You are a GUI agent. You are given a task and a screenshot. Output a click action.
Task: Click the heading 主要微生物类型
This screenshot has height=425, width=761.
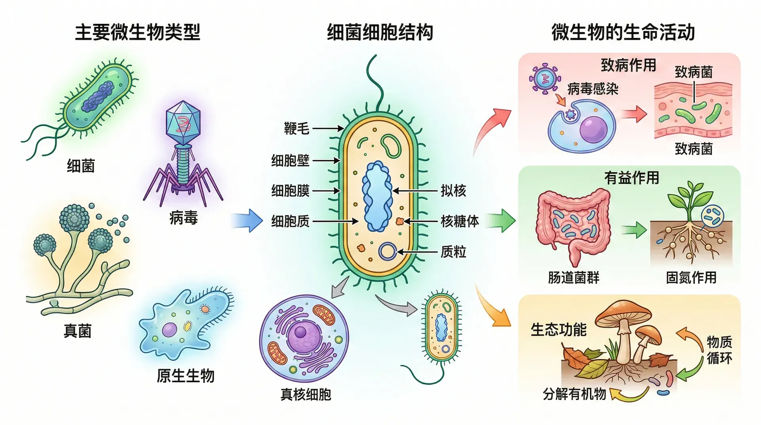pyautogui.click(x=138, y=32)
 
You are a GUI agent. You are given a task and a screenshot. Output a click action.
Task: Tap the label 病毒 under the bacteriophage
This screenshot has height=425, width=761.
pyautogui.click(x=183, y=218)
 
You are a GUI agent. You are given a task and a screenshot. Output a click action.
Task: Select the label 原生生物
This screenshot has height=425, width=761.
pyautogui.click(x=185, y=375)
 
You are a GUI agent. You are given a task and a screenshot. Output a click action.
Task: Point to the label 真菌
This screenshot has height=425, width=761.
pyautogui.click(x=78, y=331)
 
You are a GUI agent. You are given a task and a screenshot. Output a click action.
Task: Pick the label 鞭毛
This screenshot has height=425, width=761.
pyautogui.click(x=296, y=128)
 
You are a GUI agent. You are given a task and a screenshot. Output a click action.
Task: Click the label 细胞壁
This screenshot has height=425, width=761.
pyautogui.click(x=290, y=161)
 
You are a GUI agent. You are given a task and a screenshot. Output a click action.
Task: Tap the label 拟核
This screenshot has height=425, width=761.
pyautogui.click(x=453, y=191)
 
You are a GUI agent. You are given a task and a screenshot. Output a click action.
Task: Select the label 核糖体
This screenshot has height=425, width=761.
pyautogui.click(x=460, y=221)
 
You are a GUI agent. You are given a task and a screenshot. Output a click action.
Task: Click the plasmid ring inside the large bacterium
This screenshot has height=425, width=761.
pyautogui.click(x=387, y=251)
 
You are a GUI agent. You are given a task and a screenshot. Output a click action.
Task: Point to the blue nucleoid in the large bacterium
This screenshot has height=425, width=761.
pyautogui.click(x=377, y=196)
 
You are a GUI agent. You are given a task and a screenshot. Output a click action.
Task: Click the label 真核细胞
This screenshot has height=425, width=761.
pyautogui.click(x=306, y=394)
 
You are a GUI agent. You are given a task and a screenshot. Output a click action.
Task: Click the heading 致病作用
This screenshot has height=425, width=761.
pyautogui.click(x=628, y=65)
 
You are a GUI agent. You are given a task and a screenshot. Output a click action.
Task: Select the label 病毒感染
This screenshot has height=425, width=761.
pyautogui.click(x=593, y=89)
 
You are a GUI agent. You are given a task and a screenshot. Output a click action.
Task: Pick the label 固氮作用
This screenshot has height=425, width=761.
pyautogui.click(x=691, y=278)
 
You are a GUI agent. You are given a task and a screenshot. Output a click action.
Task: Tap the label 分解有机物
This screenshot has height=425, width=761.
pyautogui.click(x=574, y=394)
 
